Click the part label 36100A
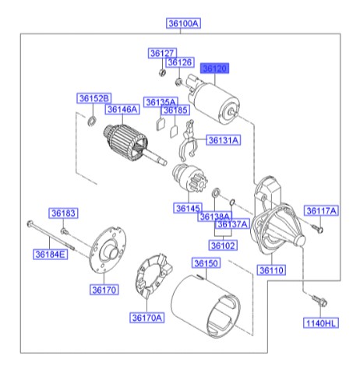coord(184,24)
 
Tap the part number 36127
coord(161,53)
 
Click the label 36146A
coord(123,110)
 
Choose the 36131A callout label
coord(223,140)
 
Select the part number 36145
coord(188,208)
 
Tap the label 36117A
coord(320,210)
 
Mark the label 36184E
coord(50,254)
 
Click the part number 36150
coord(206,264)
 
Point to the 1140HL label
coord(321,322)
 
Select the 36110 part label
coord(274,269)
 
